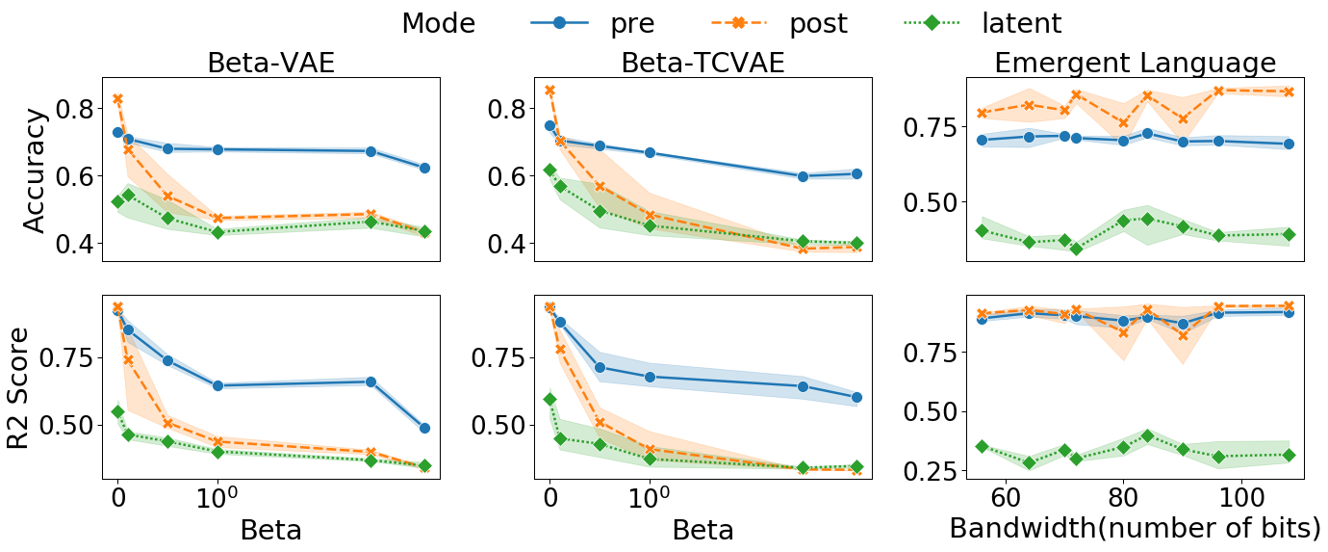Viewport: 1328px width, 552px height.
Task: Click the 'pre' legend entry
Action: [x=632, y=23]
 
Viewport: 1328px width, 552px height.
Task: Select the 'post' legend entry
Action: [x=818, y=23]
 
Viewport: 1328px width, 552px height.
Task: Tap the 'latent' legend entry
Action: [x=1021, y=23]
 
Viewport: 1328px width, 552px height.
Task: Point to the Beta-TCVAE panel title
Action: [x=702, y=63]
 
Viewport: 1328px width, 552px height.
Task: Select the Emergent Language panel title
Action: [x=1135, y=63]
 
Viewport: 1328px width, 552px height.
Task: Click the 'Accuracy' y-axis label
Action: [x=34, y=170]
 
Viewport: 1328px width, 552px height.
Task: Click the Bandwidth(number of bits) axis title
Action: [x=1135, y=528]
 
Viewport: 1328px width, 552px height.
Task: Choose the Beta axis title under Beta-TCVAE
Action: [x=702, y=530]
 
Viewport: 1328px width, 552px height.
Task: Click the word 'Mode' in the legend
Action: [x=438, y=23]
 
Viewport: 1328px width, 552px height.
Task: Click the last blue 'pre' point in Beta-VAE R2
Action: [x=424, y=428]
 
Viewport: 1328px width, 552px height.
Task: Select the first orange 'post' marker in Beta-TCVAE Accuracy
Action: [x=549, y=91]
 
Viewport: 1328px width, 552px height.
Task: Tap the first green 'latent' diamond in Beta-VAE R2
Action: [x=117, y=411]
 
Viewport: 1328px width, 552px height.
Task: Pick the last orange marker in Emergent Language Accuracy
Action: [x=1289, y=92]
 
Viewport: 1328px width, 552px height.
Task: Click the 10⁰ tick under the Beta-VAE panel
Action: [x=218, y=499]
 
